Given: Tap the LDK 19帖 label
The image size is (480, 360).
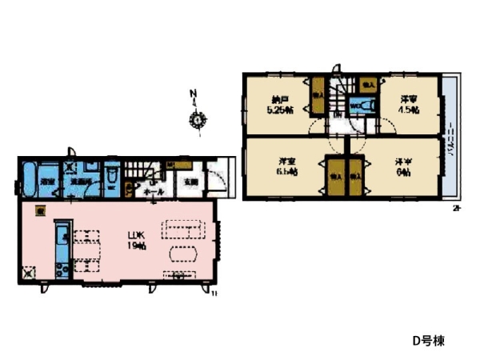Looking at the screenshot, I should [135, 241].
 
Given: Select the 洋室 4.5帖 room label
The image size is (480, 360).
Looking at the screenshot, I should [410, 106].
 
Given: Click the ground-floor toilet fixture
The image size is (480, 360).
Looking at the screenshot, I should [112, 178].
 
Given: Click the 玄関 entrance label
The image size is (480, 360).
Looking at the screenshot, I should [190, 182].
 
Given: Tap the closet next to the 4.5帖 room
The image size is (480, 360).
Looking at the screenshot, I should [368, 82].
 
